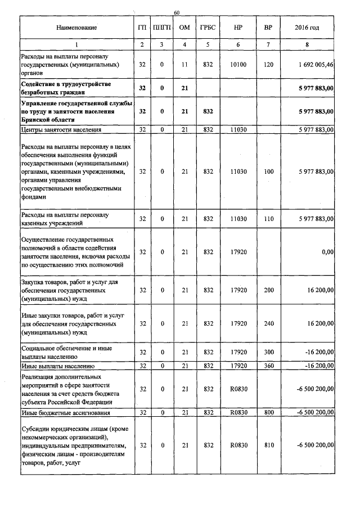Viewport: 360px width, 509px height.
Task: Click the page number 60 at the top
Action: click(176, 12)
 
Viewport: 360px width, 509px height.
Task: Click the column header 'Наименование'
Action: click(76, 28)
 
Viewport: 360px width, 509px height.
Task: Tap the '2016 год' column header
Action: click(307, 28)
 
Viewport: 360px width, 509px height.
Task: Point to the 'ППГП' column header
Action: click(162, 28)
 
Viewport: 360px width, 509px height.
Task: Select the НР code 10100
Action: click(238, 65)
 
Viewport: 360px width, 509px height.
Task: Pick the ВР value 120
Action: click(268, 65)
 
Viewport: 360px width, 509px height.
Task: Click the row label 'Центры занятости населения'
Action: click(61, 130)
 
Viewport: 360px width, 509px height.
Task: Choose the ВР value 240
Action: click(268, 324)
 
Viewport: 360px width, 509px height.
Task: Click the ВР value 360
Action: click(268, 366)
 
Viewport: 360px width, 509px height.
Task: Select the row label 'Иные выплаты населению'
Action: click(53, 366)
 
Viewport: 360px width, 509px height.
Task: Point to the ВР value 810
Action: click(268, 445)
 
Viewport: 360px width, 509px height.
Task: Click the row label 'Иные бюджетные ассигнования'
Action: click(60, 413)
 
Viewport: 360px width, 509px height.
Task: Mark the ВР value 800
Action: click(268, 413)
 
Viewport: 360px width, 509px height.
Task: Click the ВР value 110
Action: click(268, 219)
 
